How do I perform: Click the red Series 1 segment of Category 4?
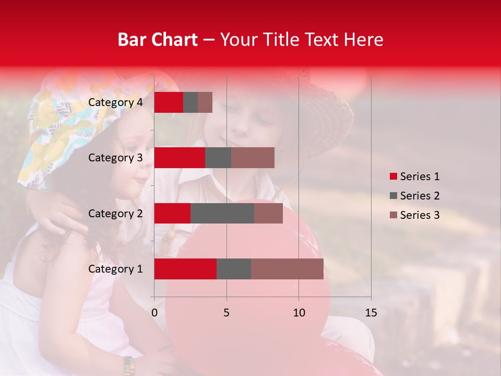coord(169,102)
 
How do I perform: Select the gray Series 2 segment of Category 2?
coord(222,213)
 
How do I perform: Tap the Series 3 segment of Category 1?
coord(287,269)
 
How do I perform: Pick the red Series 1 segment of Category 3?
coord(180,158)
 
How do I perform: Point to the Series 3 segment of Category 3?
coord(253,158)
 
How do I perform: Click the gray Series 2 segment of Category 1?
coord(234,269)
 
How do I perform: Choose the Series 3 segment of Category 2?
coord(268,213)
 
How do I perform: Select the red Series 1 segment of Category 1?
coord(185,269)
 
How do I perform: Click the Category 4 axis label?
coord(115,102)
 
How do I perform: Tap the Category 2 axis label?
coord(115,214)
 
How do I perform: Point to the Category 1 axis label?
coord(115,269)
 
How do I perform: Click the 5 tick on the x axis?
coord(226,313)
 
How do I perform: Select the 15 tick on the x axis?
coord(371,313)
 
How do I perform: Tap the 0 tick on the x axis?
coord(154,313)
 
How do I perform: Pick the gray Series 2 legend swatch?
coord(393,196)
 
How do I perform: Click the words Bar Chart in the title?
coord(158,39)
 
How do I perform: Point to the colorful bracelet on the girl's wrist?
coord(129,366)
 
